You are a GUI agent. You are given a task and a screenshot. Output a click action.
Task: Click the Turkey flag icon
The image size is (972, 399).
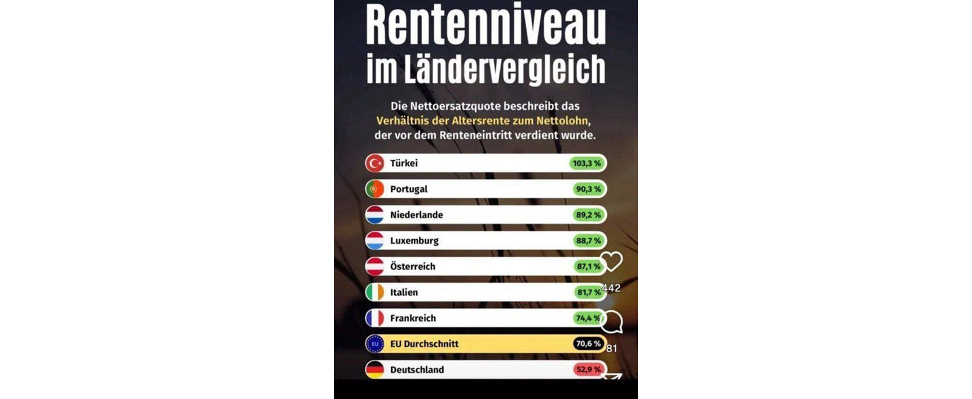pos(375,163)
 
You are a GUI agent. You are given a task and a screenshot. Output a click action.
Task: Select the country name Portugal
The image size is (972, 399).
pos(409,189)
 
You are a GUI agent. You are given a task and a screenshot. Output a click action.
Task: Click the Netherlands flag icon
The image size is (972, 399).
pos(375,215)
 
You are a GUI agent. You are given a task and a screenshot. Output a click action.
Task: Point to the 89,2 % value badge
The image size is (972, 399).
pos(588,215)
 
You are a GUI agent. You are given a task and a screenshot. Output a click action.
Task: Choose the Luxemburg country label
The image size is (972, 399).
pos(414,241)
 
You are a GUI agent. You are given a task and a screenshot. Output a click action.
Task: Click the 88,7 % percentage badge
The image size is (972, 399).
pos(588,241)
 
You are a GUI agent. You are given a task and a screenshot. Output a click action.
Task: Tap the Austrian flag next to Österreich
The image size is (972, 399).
pos(375,266)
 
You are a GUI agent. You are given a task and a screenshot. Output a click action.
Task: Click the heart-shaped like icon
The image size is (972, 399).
pos(612,262)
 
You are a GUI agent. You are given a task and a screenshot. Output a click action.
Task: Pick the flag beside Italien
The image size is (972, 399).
pos(375,293)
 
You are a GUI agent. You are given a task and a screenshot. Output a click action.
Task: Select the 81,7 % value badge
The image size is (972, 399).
pos(588,293)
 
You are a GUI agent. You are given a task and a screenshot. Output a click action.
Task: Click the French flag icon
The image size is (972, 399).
pos(375,318)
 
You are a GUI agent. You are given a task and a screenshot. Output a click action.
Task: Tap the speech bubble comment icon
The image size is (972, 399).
pos(612,322)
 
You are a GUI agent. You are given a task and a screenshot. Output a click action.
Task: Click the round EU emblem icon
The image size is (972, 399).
pos(375,344)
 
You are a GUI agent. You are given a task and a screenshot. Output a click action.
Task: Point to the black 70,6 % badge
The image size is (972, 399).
pos(588,344)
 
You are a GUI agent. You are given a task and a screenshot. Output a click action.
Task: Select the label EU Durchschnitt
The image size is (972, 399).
pos(424,344)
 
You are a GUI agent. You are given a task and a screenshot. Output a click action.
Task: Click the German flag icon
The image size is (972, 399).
pos(375,369)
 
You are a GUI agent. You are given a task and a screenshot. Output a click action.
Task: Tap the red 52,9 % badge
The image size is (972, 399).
pos(588,369)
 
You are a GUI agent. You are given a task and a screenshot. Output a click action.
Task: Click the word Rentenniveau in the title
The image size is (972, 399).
pos(486,26)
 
